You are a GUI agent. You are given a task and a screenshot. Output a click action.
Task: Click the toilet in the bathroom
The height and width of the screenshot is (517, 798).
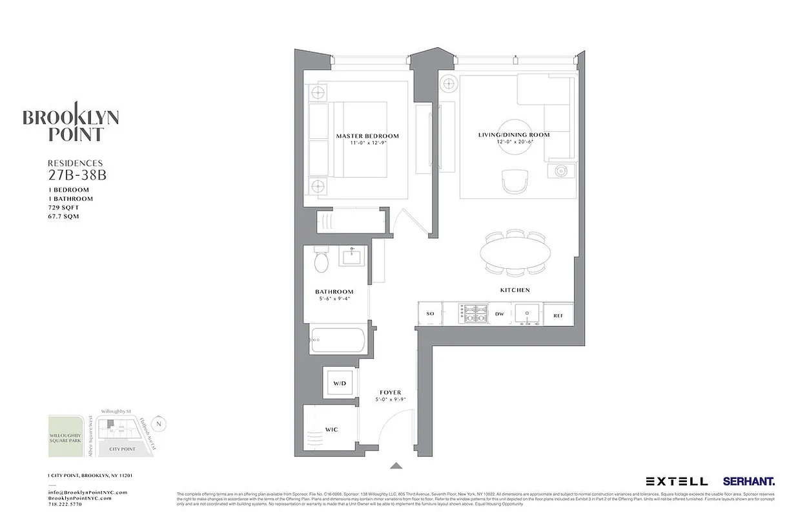322,261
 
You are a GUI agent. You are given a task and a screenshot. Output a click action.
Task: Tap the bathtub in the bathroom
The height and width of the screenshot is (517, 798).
338,340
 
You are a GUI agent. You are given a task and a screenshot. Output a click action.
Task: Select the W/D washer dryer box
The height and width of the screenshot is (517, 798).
340,384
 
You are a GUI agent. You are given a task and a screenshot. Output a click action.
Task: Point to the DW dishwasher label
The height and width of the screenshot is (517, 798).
500,314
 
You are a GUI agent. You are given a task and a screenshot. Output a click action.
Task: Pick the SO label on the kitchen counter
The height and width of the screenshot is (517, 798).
430,314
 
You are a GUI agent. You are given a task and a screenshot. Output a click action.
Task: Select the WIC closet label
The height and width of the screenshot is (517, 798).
332,430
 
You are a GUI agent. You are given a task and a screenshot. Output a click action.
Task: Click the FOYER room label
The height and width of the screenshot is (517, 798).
391,392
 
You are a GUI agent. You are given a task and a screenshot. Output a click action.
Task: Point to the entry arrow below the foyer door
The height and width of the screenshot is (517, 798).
396,465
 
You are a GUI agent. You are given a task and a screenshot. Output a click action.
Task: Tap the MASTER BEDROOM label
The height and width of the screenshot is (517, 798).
367,136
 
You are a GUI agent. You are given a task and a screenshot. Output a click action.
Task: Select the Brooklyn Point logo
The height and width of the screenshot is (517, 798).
70,121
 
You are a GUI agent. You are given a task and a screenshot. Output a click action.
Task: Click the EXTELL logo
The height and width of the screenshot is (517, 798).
677,481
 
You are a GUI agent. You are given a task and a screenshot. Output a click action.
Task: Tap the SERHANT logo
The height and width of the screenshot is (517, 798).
749,481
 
